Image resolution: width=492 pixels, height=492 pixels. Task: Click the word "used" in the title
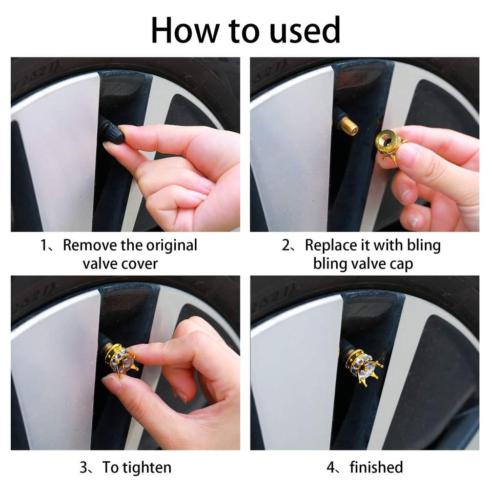304,30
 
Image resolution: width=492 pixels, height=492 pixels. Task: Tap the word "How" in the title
185,30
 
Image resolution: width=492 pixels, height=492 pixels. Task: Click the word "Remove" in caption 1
90,245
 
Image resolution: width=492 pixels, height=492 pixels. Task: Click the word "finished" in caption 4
376,467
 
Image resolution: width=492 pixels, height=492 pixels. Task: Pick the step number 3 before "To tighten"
84,467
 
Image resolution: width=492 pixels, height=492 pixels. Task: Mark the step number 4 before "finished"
331,467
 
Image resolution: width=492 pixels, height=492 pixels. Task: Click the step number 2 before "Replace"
286,245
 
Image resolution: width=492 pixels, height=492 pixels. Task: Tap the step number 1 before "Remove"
44,245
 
